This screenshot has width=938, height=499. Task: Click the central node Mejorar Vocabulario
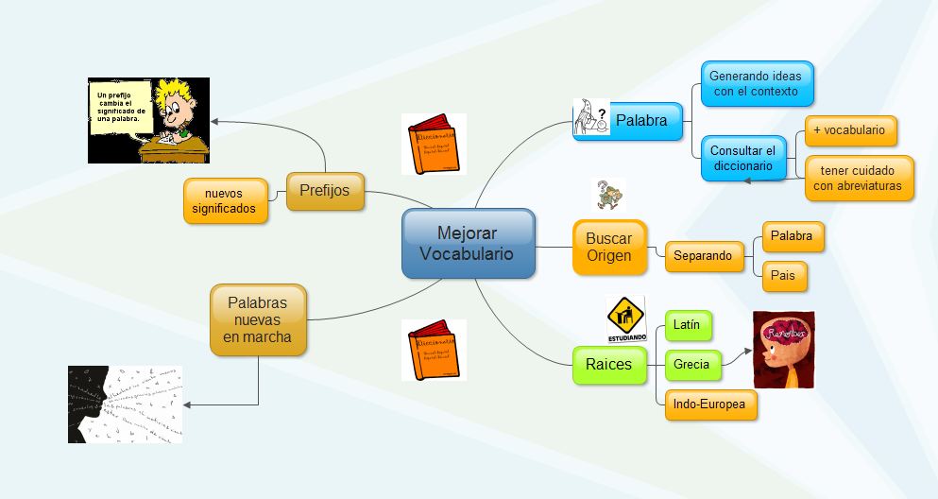pos(469,244)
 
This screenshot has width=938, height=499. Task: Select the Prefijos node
pos(324,190)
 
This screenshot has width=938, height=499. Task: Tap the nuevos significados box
pos(224,201)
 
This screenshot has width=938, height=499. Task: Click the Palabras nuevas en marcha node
pos(258,320)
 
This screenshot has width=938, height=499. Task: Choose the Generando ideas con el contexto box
pos(757,84)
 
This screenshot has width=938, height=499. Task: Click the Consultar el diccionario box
pos(742,158)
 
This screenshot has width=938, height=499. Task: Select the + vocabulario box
pos(848,130)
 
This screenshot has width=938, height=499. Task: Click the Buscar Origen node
pos(609,247)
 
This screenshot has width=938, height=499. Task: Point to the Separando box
pos(703,255)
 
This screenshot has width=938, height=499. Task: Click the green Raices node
pos(607,365)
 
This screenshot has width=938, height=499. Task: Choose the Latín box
pos(687,325)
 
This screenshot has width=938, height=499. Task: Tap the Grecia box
pos(691,364)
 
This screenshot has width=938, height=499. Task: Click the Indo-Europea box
pos(709,404)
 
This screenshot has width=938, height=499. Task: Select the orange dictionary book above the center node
pos(434,145)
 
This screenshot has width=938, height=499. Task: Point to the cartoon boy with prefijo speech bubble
pos(148,120)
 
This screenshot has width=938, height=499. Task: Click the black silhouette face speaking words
pos(125,404)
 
